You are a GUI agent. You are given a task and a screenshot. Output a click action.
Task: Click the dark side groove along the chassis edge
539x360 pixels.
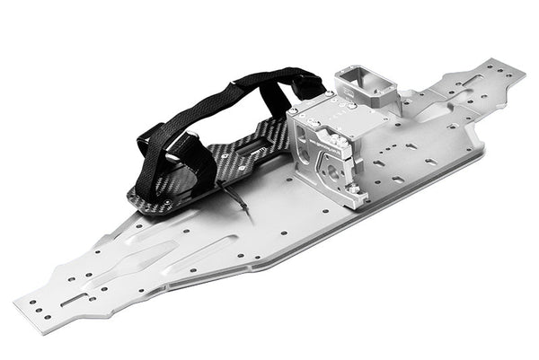tap(234, 273)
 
